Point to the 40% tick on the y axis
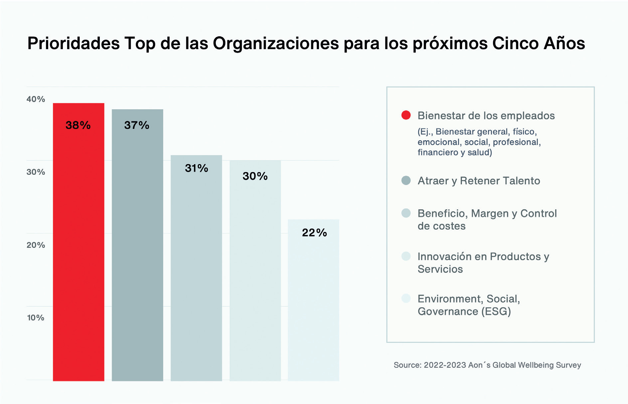36,99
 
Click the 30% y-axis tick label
36,172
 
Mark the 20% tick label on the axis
36,245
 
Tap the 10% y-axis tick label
36,318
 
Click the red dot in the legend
406,115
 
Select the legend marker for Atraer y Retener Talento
406,180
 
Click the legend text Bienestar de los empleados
486,116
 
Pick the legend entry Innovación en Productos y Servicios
483,262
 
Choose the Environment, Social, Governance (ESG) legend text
468,305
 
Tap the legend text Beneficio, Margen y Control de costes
487,219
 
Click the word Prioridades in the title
74,44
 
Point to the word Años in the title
564,44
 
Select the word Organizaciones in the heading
276,44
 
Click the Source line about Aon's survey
487,365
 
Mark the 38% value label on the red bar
78,125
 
